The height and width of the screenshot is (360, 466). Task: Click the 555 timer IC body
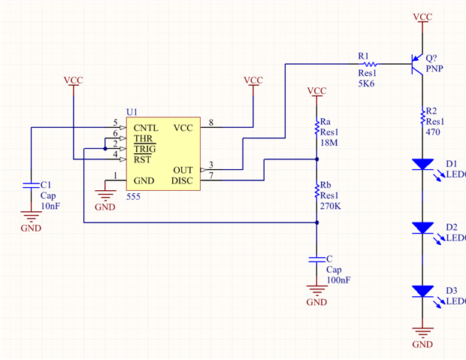[164, 153]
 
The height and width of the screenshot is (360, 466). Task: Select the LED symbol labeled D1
[423, 164]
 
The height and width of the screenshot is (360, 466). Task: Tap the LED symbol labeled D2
[423, 227]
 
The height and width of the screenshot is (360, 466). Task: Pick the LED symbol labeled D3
[423, 290]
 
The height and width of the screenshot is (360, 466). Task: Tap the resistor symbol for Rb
[317, 192]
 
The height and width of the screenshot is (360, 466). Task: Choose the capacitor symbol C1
[31, 184]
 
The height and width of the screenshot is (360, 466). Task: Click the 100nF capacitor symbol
[317, 259]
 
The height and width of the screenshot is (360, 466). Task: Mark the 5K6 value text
[366, 83]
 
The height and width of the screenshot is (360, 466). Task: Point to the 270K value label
[332, 205]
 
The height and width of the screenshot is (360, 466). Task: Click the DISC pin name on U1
[183, 180]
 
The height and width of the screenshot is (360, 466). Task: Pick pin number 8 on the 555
[211, 122]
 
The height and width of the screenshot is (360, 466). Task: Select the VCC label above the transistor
[422, 16]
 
